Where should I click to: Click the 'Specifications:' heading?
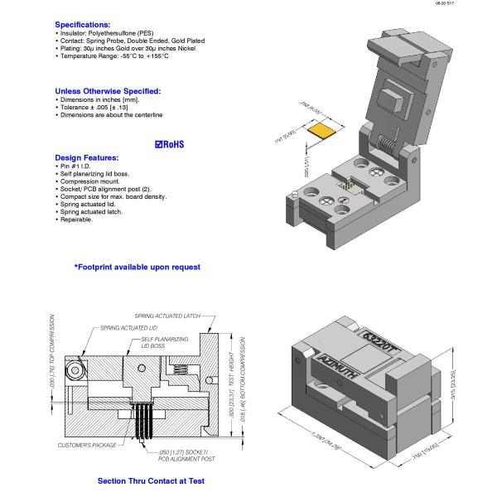(x=82, y=25)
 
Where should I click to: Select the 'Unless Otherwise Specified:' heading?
(x=108, y=91)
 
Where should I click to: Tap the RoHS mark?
(x=170, y=144)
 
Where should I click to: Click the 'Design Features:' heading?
(x=86, y=157)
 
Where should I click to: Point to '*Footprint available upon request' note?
(x=137, y=267)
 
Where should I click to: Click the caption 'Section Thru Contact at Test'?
(x=151, y=480)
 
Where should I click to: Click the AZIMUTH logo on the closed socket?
(x=338, y=366)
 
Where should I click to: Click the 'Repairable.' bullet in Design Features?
(x=76, y=220)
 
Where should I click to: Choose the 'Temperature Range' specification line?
(x=112, y=55)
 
